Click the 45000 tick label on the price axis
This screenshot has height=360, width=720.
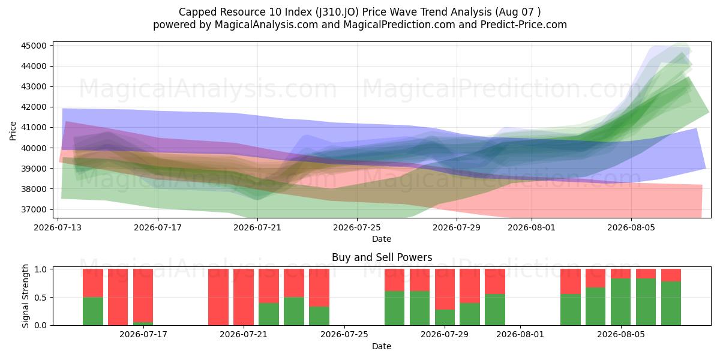pos(34,46)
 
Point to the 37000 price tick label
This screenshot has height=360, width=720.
pos(34,209)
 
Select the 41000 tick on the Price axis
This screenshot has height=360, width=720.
pos(34,128)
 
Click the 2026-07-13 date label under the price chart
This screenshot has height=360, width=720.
pos(58,227)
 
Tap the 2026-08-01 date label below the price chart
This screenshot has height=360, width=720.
pos(532,227)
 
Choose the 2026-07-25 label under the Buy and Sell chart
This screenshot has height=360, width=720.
pos(344,335)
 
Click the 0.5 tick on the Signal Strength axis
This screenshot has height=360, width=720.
pos(41,298)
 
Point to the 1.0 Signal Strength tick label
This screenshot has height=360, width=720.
pos(41,269)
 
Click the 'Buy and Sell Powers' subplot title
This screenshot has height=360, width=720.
pos(382,257)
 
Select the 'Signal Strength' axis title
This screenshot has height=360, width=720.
pos(25,296)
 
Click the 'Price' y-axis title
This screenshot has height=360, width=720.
pos(13,131)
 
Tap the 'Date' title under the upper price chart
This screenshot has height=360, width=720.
pos(382,239)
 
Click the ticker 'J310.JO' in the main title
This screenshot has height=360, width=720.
pos(337,12)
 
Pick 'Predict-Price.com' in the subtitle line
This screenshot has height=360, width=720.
pos(524,25)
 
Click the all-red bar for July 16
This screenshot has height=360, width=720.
pos(118,297)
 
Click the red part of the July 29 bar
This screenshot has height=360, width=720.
pos(445,289)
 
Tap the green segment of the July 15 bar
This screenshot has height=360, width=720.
pos(93,311)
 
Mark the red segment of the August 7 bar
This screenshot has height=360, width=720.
pos(671,275)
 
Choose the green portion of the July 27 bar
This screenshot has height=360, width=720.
pos(395,308)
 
